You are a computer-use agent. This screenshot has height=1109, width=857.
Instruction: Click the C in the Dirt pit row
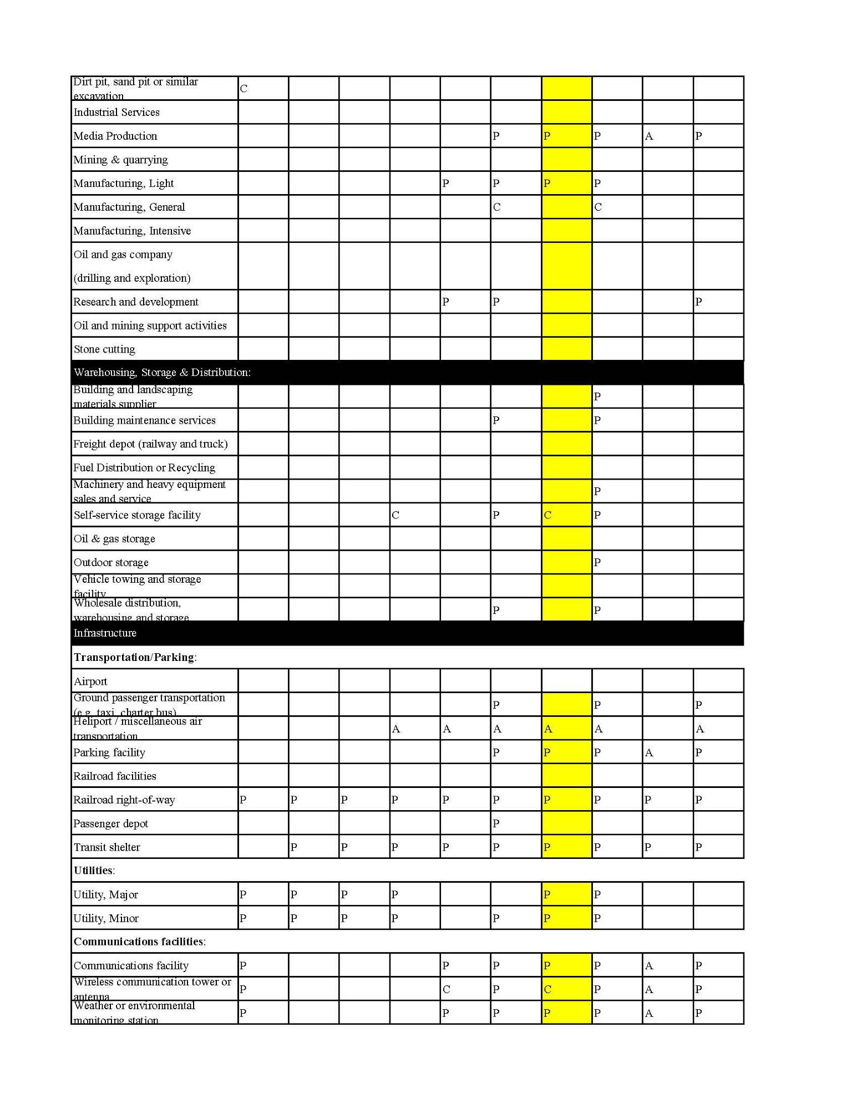tap(244, 89)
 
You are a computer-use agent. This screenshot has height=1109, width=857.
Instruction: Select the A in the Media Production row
tap(648, 136)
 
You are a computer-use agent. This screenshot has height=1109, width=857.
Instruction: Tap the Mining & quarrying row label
tap(120, 160)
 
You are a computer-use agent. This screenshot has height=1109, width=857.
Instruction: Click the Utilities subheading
tap(94, 871)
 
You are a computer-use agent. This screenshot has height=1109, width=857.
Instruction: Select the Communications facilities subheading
tap(139, 942)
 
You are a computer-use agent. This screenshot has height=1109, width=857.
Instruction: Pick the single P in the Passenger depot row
tap(496, 823)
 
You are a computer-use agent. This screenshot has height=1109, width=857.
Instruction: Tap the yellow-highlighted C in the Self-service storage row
tap(547, 515)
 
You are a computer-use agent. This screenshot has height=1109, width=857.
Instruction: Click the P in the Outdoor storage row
tap(597, 562)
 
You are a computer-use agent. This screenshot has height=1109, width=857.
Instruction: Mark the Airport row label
tap(90, 681)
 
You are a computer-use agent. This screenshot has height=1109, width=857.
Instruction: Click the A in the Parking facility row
tap(648, 753)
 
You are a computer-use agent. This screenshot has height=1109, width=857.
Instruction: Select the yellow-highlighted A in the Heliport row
tap(548, 729)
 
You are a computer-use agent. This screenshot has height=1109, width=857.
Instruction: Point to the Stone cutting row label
tap(104, 349)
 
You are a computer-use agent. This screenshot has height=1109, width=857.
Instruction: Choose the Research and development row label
tap(136, 302)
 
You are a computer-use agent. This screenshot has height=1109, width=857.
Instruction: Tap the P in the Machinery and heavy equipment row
tap(597, 491)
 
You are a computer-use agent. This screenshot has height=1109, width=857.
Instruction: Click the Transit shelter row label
tap(107, 847)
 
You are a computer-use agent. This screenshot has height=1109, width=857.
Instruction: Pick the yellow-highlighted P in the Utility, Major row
tap(547, 894)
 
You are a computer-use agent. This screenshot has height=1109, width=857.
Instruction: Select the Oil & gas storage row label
tap(114, 539)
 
